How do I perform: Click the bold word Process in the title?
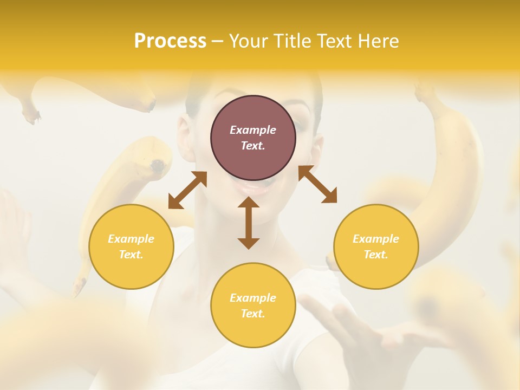(170, 41)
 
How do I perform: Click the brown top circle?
(253, 138)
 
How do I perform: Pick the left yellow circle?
(131, 246)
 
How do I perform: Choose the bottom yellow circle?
(253, 305)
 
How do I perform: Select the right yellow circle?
(376, 246)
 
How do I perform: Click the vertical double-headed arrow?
(249, 223)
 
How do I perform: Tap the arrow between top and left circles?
(187, 190)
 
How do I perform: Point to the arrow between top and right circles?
(317, 185)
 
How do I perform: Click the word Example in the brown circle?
(253, 130)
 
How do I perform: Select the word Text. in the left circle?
(131, 255)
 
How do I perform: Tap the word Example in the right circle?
(376, 239)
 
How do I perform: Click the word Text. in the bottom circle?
(253, 314)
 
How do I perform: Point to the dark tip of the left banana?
(158, 165)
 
